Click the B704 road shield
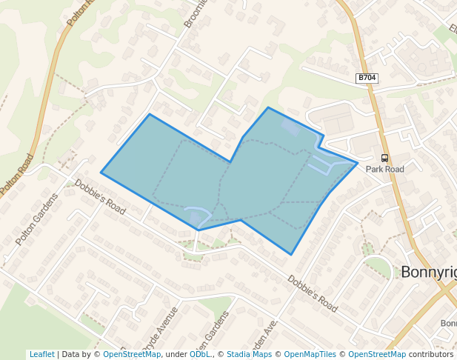coord(367,78)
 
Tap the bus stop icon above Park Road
coord(384,158)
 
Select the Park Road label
coord(384,169)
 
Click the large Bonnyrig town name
coord(428,272)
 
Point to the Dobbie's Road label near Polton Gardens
coord(100,197)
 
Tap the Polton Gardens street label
coord(36,219)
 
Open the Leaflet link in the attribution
coord(41,354)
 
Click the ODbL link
coord(200,354)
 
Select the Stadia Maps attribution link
coord(249,354)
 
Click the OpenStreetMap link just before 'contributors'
coord(377,354)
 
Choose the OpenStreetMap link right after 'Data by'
coord(132,354)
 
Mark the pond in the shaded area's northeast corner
coord(290,127)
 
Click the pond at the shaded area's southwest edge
coord(197,216)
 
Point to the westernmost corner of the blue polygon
coord(101,173)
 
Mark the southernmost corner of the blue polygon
coord(291,255)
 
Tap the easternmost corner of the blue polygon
coord(358,162)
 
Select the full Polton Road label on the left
coord(18,175)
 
